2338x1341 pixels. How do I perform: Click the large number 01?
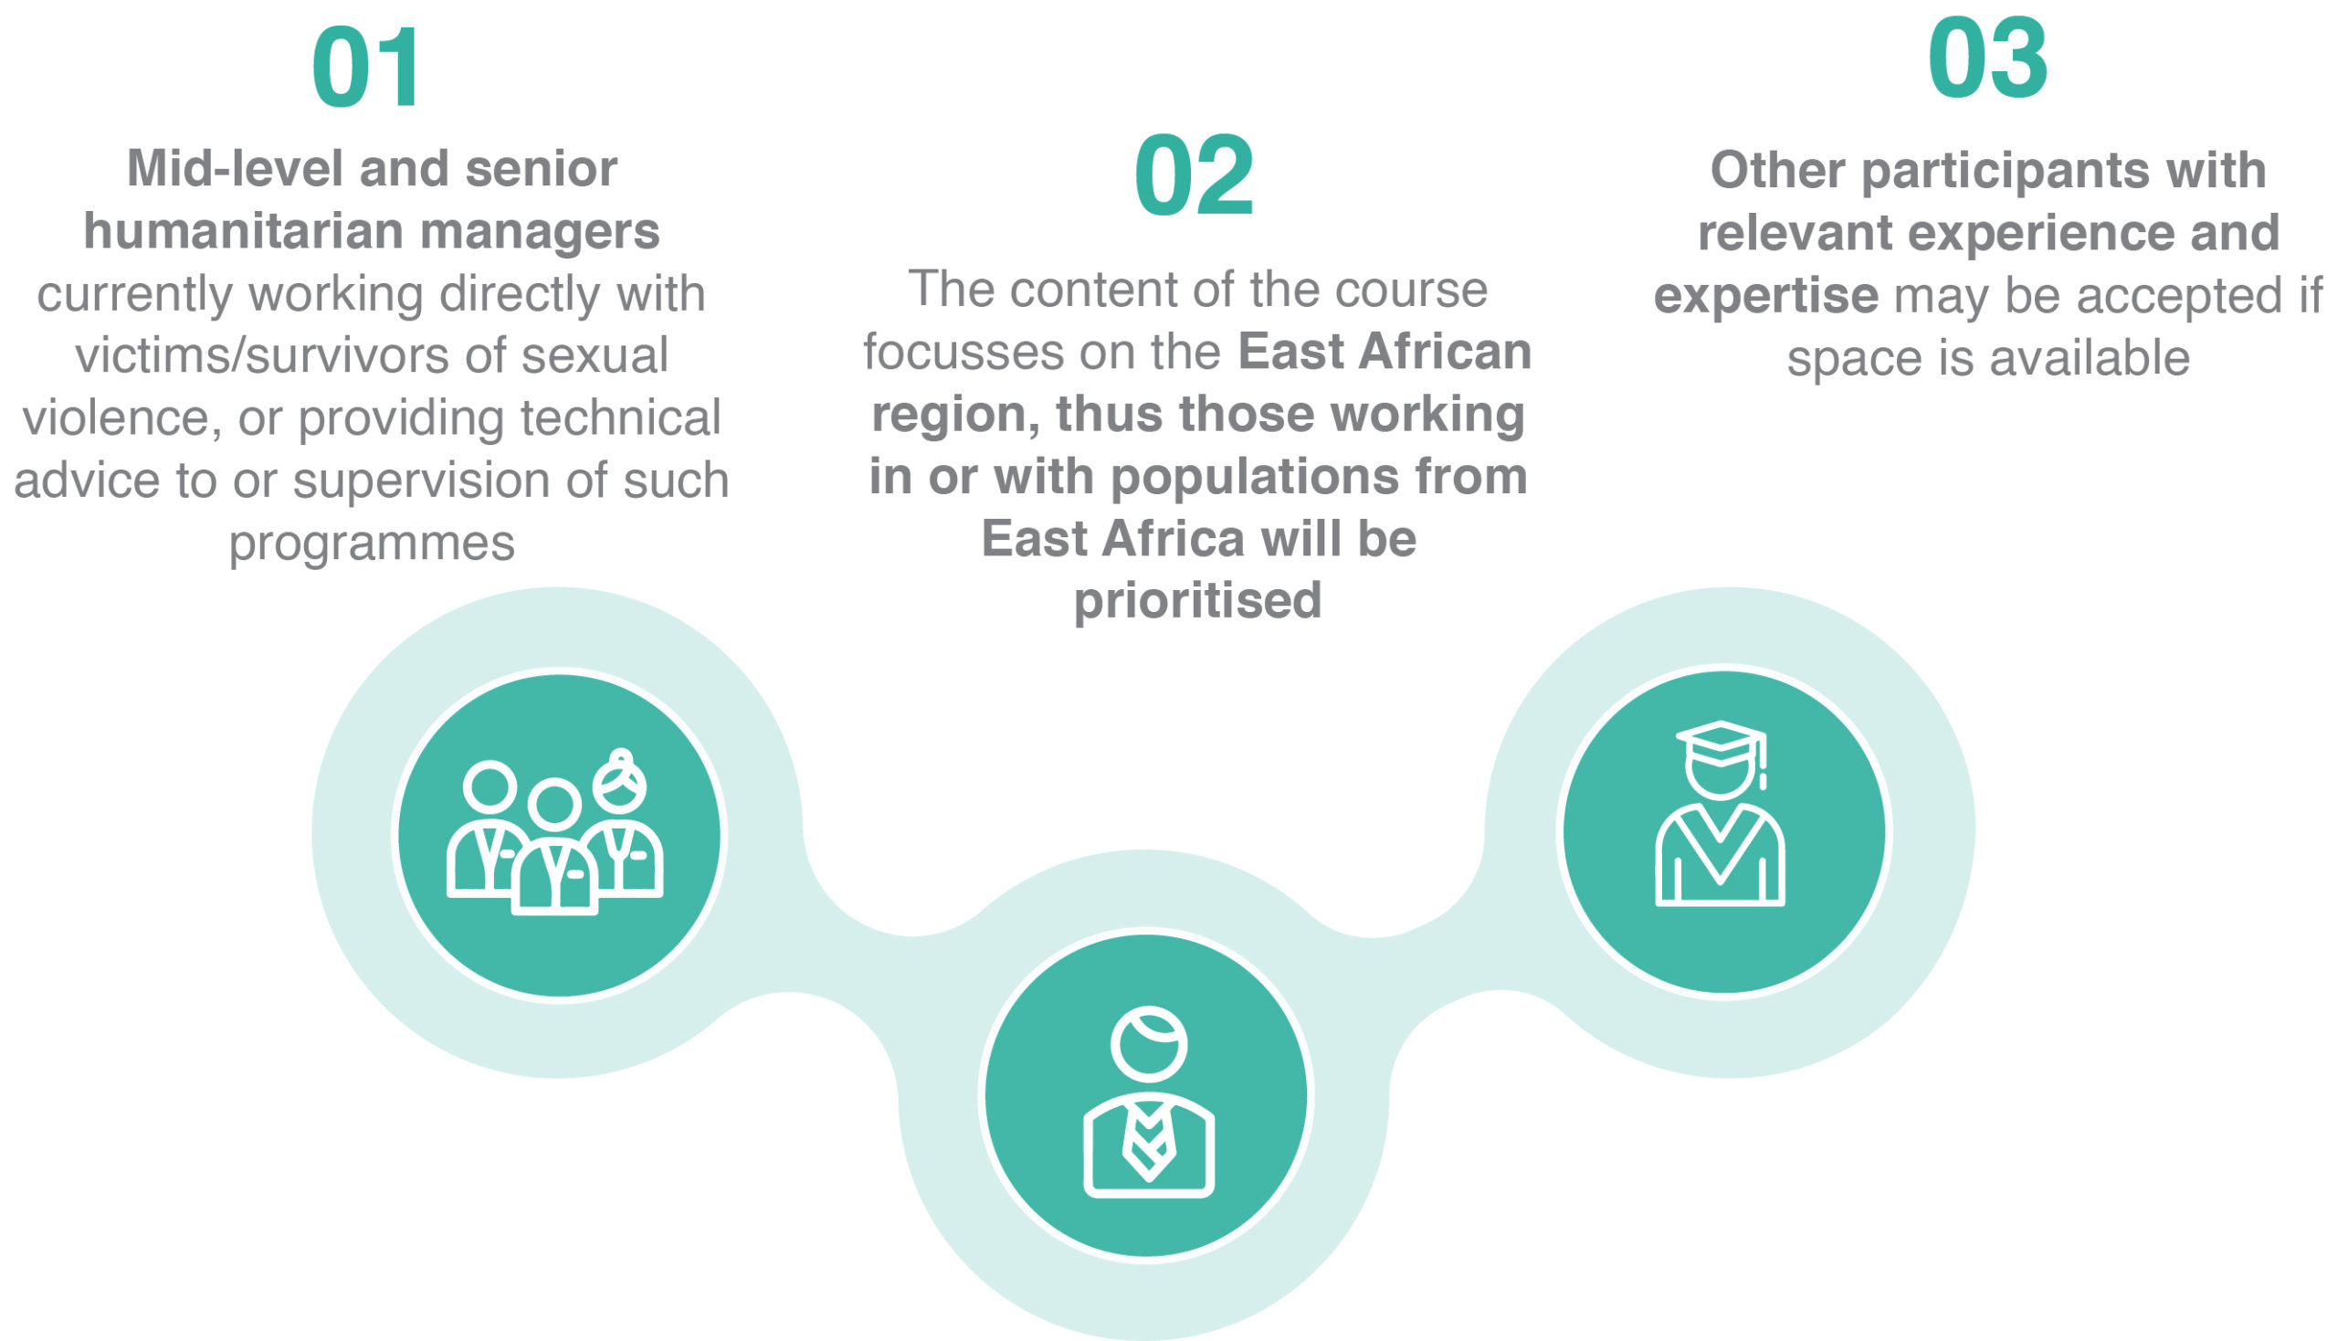tap(366, 69)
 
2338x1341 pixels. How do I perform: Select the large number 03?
tap(1987, 60)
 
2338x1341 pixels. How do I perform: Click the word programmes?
tap(371, 544)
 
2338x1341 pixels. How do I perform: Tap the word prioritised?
tap(1197, 601)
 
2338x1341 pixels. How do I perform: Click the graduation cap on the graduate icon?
tap(1720, 744)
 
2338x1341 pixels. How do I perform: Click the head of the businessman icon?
tap(1148, 1044)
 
